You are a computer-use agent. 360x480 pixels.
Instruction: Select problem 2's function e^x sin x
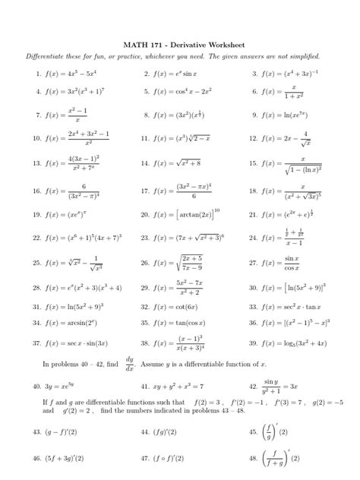[179, 74]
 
